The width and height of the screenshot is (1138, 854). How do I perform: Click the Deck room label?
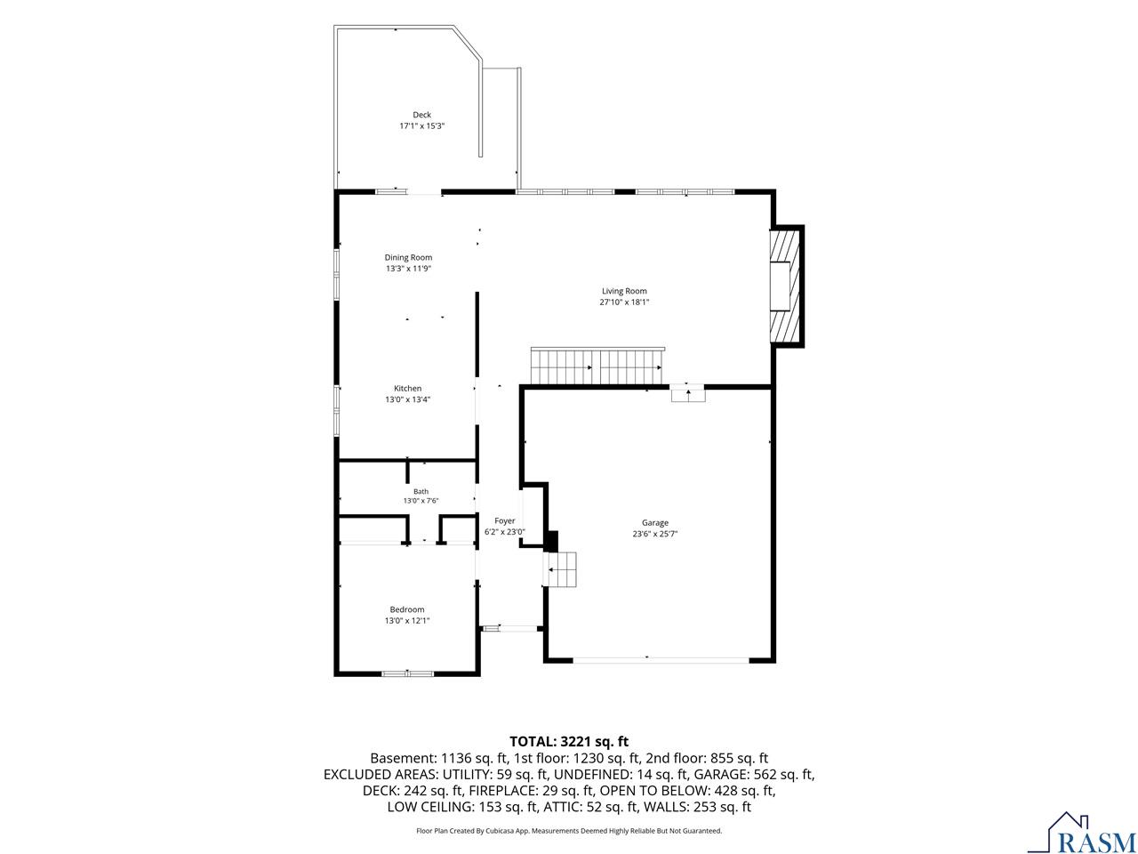(421, 115)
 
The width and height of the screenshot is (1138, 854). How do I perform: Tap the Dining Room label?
(408, 257)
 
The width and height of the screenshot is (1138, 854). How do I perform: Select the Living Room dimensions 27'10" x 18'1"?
(624, 302)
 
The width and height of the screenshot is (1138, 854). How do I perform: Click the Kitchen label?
(407, 388)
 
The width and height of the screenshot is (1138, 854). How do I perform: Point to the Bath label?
(421, 491)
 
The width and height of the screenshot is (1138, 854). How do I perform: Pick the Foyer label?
(504, 520)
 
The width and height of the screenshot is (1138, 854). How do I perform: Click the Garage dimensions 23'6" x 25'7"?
(654, 534)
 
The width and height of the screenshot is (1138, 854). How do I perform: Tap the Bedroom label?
(407, 609)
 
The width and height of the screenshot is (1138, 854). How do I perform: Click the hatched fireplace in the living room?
(786, 286)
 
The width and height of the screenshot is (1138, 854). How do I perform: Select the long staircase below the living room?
(597, 367)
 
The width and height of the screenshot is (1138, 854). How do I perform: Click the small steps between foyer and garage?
(560, 569)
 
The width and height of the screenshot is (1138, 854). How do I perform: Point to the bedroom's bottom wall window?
(407, 673)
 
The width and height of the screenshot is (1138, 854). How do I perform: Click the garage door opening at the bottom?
(661, 660)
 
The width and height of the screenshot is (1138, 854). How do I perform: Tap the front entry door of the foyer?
(509, 628)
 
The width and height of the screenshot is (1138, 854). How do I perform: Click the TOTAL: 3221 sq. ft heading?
(569, 741)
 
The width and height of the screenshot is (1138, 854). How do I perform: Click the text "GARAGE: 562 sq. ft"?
(754, 774)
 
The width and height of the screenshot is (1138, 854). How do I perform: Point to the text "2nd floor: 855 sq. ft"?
(707, 758)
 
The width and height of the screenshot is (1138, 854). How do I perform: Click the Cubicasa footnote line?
(569, 831)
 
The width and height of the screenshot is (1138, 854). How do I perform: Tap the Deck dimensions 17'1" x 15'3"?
(421, 125)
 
